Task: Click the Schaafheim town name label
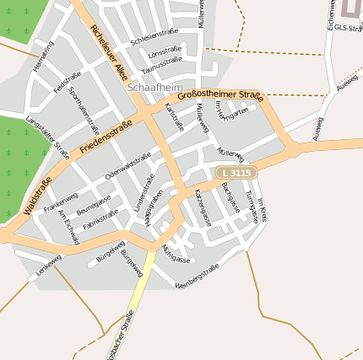coord(154,87)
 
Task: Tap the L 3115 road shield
coord(236,172)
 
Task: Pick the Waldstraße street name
coord(39,195)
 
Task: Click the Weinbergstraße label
coord(198,276)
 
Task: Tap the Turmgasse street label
coord(252,207)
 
